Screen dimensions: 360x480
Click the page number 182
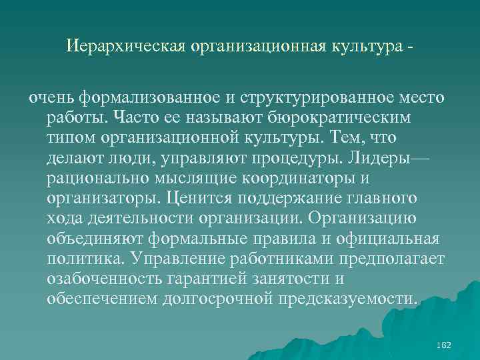point(443,345)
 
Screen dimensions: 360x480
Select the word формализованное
point(151,98)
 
